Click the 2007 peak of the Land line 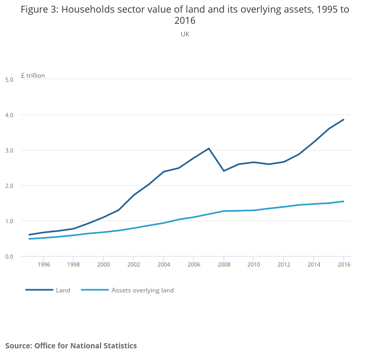[209, 148]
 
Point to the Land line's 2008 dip [224, 171]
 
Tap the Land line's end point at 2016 [344, 119]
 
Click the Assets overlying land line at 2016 [344, 201]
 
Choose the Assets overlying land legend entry [142, 290]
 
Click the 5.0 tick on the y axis [9, 80]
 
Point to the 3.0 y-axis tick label [9, 150]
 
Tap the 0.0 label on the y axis [9, 257]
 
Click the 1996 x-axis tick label [44, 264]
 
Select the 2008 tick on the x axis [224, 264]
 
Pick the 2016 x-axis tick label [344, 264]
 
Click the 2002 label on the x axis [134, 264]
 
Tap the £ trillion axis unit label [33, 75]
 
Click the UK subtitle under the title [185, 34]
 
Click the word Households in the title [94, 10]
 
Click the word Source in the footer [18, 346]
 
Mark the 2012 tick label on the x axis [284, 264]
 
